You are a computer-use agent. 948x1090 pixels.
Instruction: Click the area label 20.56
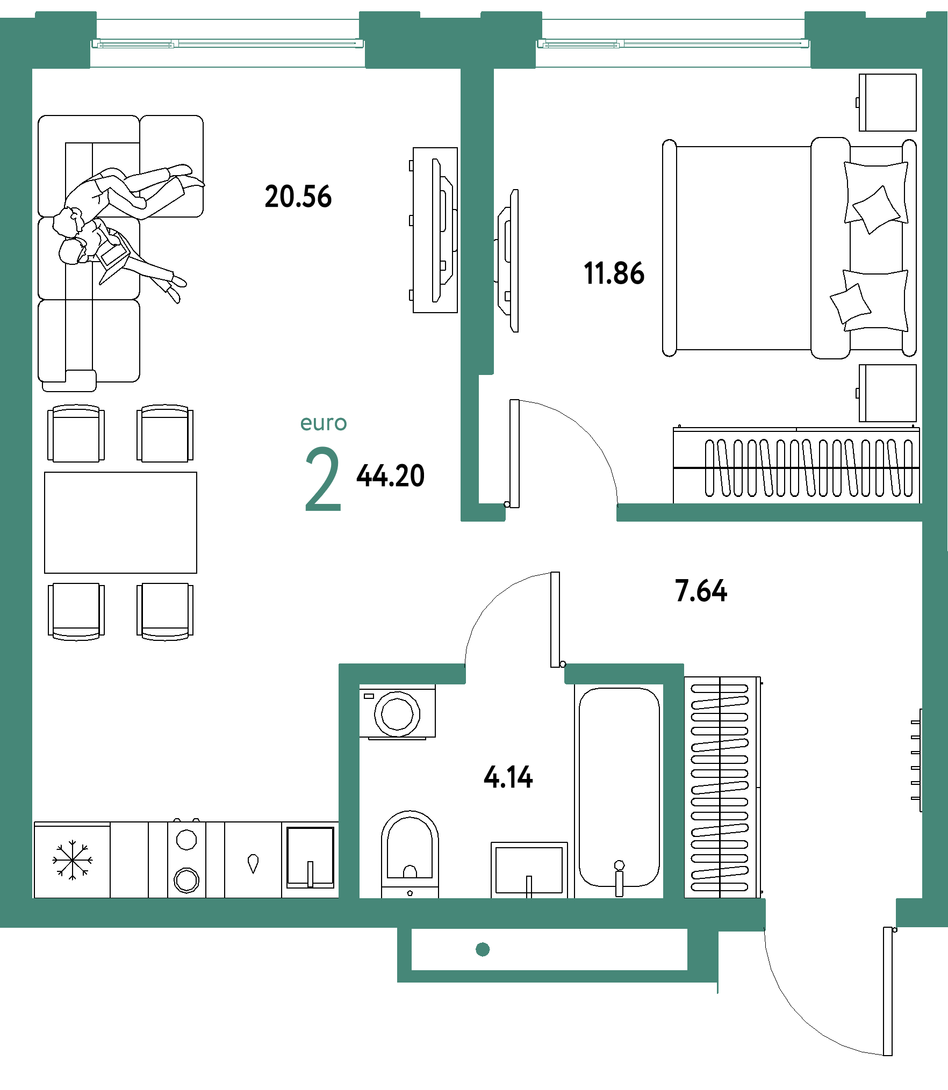[x=298, y=197]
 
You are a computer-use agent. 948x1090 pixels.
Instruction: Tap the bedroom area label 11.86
[x=614, y=273]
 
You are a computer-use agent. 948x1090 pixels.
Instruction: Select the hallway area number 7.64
[x=701, y=591]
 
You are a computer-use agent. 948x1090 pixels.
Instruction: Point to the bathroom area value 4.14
[x=508, y=777]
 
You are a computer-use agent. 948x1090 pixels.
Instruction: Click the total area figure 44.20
[x=391, y=476]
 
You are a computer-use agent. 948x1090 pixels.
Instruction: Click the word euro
[x=324, y=423]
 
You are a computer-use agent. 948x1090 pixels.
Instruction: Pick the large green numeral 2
[x=323, y=479]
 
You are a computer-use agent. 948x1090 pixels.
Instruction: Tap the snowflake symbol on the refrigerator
[x=72, y=860]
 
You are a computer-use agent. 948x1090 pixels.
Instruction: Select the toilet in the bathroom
[x=410, y=854]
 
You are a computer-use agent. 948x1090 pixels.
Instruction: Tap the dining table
[x=120, y=523]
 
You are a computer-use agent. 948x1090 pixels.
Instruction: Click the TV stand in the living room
[x=435, y=230]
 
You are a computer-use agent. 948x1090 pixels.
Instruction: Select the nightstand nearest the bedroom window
[x=887, y=103]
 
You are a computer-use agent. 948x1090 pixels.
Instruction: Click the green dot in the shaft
[x=483, y=949]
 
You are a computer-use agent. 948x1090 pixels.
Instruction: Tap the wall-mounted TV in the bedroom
[x=508, y=261]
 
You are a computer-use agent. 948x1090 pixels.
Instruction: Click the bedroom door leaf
[x=514, y=453]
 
